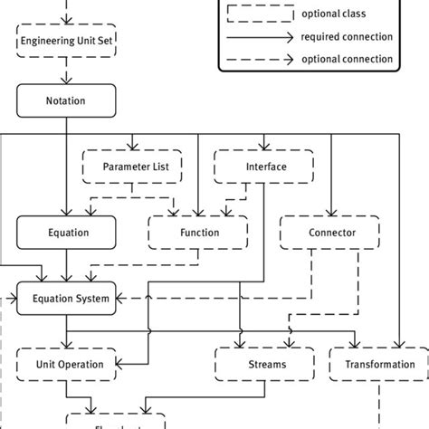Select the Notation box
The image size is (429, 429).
pyautogui.click(x=66, y=100)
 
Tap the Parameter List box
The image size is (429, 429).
pyautogui.click(x=134, y=167)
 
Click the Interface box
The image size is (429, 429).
pyautogui.click(x=265, y=167)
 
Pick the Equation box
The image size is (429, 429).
pyautogui.click(x=67, y=233)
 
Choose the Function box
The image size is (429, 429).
pyautogui.click(x=198, y=233)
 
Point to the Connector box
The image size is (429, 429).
pyautogui.click(x=331, y=233)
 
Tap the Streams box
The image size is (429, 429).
pyautogui.click(x=266, y=364)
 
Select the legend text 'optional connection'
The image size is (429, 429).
pyautogui.click(x=348, y=59)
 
